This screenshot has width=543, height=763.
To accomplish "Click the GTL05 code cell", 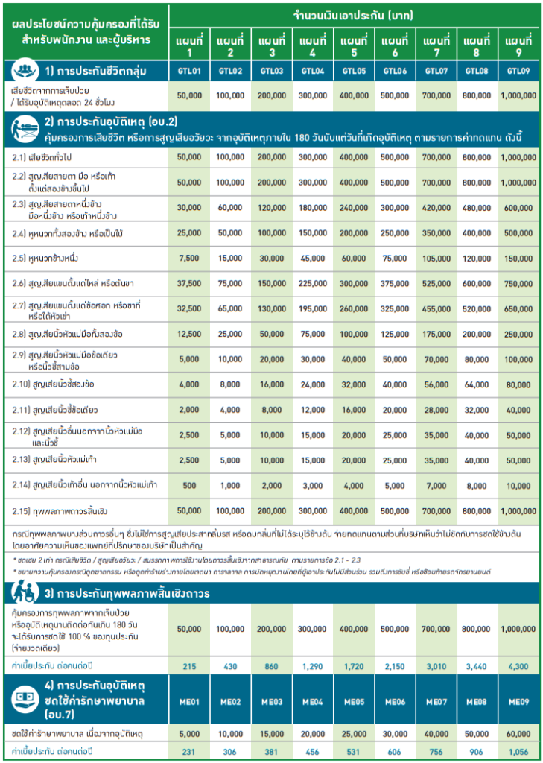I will (x=354, y=71).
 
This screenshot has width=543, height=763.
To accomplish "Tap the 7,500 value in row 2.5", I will (x=189, y=258).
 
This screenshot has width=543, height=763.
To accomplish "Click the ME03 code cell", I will (x=272, y=701).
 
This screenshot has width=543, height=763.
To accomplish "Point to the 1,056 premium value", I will (x=518, y=750).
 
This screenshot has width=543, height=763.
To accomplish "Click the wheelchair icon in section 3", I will (x=20, y=593).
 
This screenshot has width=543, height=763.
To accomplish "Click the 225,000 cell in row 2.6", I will (x=313, y=283).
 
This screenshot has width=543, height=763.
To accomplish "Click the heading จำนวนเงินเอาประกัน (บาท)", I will (x=354, y=16).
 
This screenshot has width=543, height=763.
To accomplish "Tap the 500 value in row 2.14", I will (x=189, y=486).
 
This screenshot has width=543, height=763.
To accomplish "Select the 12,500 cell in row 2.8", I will (x=189, y=334).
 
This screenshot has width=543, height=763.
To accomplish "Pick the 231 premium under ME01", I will (x=189, y=750).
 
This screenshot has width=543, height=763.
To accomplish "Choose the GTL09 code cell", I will (x=518, y=71).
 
